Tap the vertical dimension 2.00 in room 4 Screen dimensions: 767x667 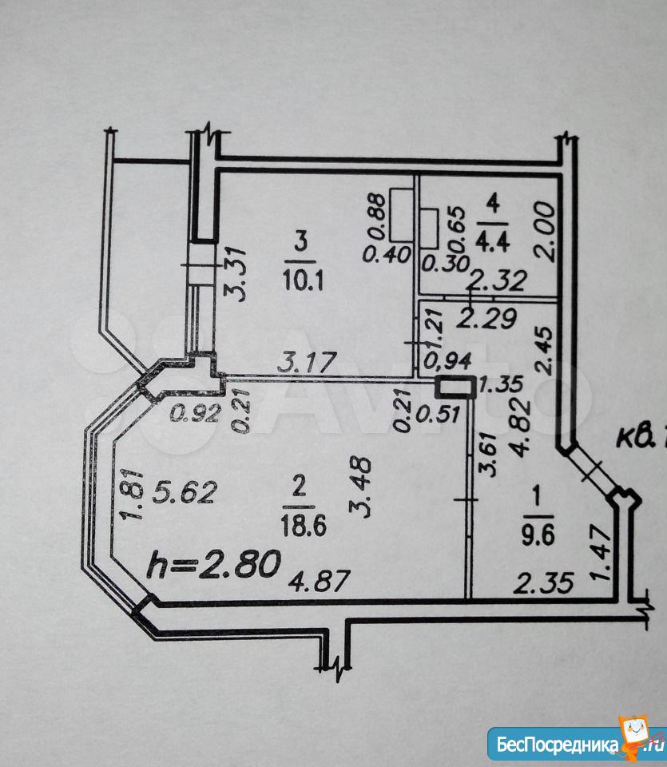(546, 231)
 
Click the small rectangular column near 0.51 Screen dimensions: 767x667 (455, 387)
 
